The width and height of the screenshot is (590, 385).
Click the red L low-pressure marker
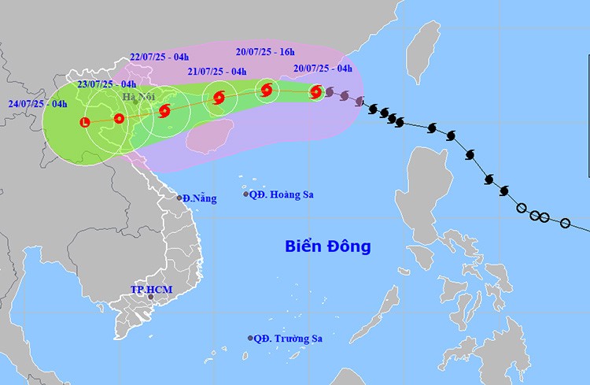[x=84, y=122]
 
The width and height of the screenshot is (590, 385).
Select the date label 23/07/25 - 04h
[x=107, y=84]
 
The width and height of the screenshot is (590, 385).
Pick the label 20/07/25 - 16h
[x=268, y=53]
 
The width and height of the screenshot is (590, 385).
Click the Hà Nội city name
[x=138, y=97]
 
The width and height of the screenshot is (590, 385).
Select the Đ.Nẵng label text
[x=199, y=198]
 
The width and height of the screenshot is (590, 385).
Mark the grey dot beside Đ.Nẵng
[x=180, y=198]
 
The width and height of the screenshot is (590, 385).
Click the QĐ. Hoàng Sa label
[x=282, y=194]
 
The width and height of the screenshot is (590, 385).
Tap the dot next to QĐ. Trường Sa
[x=251, y=338]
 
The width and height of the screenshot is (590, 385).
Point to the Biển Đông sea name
[x=327, y=247]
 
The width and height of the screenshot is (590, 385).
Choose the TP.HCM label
[x=151, y=290]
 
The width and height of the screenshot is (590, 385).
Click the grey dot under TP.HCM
[x=151, y=298]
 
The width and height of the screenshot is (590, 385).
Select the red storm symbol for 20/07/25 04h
[x=315, y=92]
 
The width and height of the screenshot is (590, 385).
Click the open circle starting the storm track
[x=564, y=224]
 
